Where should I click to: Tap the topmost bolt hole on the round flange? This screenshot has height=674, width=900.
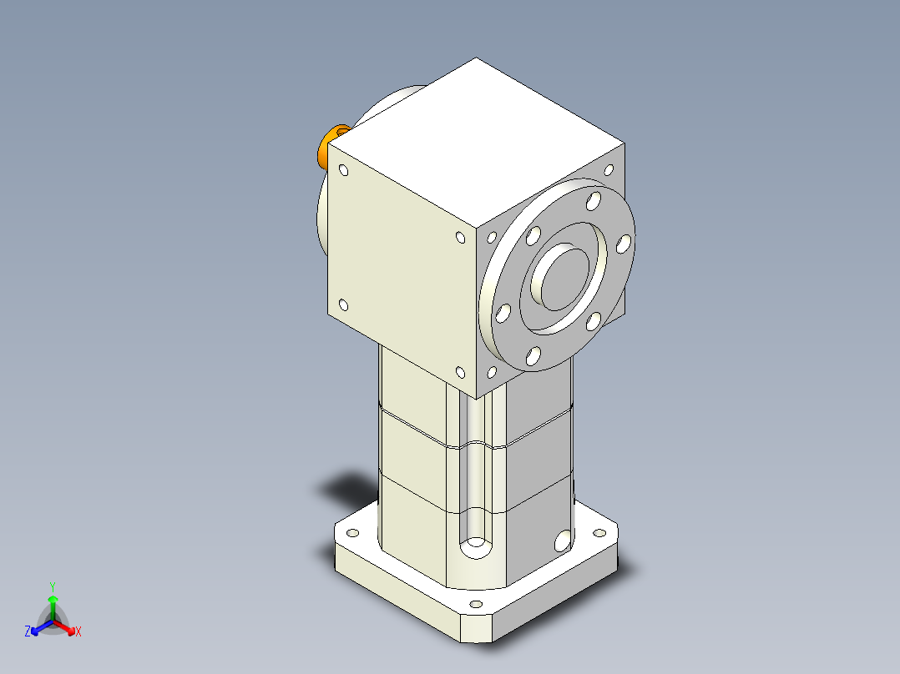[594, 201]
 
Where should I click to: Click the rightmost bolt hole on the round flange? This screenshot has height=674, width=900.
[622, 244]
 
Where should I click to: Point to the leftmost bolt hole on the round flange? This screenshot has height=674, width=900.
[503, 314]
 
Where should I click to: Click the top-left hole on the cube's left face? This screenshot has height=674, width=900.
[343, 171]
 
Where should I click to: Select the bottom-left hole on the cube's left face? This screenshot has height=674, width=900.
[343, 305]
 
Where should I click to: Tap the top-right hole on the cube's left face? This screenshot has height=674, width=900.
[460, 238]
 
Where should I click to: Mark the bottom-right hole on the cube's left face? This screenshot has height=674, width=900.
[460, 373]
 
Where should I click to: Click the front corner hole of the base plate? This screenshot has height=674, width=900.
[476, 604]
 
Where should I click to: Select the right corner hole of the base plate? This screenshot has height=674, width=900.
[599, 531]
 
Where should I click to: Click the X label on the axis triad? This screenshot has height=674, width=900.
[78, 632]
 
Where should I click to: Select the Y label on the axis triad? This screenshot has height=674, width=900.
[52, 586]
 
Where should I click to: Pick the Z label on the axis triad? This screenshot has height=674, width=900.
[28, 632]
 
